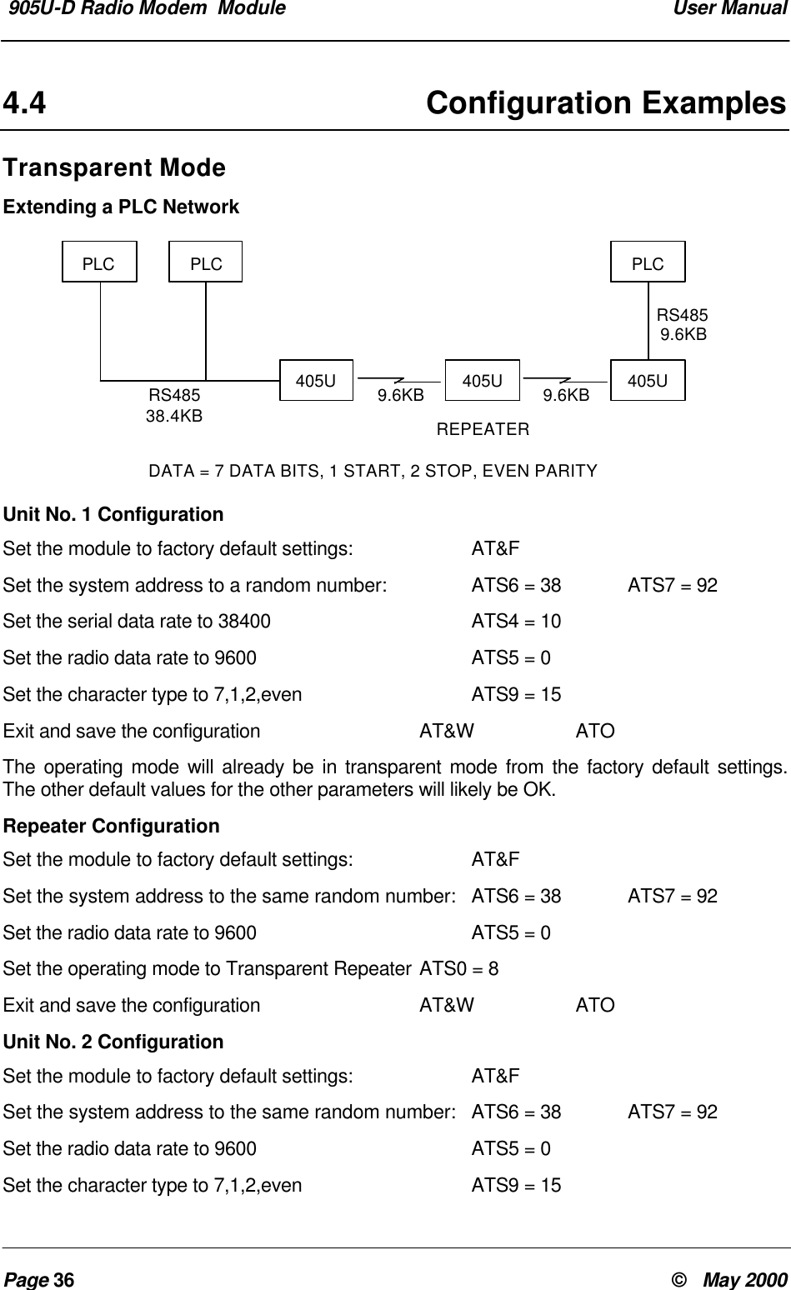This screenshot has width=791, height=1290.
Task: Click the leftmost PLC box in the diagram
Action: pos(99,263)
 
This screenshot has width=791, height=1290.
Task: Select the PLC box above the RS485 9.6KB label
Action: pos(648,263)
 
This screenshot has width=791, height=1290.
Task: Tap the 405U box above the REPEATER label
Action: pos(483,381)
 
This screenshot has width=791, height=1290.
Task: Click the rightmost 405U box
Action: pos(648,381)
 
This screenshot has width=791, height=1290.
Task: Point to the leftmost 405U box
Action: pos(317,381)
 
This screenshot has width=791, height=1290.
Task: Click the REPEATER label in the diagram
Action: pos(483,430)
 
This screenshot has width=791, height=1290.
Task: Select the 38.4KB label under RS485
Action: pos(174,415)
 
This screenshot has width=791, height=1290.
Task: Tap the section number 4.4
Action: pos(25,104)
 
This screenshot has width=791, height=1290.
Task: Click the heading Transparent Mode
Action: pos(114,167)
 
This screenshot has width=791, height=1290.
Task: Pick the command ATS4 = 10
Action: pos(516,622)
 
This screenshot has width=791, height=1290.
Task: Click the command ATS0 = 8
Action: pos(459,969)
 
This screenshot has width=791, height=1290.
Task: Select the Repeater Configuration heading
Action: pos(112,827)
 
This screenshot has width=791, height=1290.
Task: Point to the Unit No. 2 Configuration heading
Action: pos(113,1042)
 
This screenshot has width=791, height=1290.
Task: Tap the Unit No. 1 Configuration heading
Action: pos(113,514)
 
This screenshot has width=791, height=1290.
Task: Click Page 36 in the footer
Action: pos(39,1280)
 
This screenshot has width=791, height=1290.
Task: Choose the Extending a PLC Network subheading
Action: pos(121,207)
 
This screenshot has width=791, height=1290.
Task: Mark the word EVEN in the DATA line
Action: pos(523,472)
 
